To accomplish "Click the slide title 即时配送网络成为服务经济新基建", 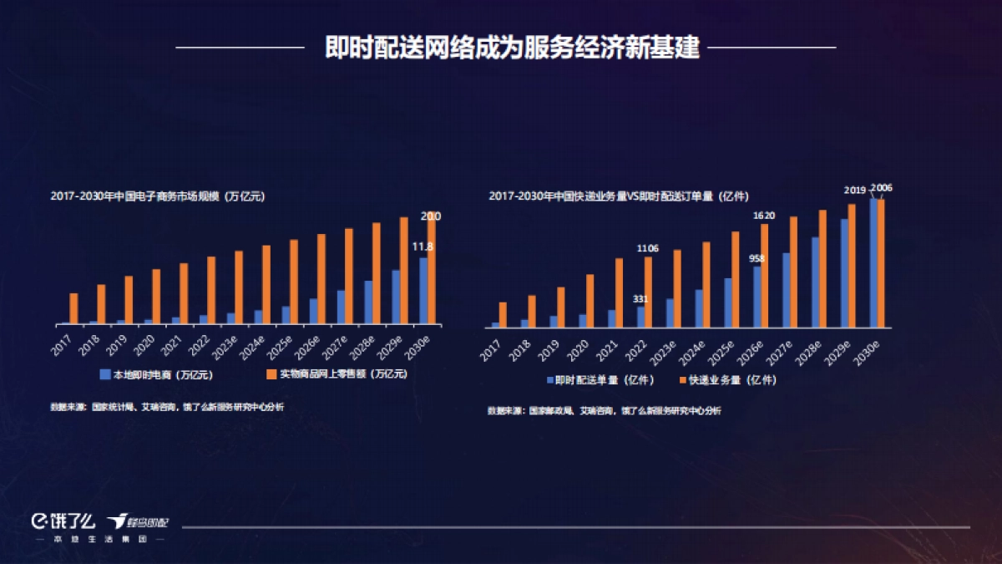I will [x=505, y=48].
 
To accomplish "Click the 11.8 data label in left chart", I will [x=423, y=246].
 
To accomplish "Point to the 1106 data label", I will [x=648, y=248].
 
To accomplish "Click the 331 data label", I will [x=640, y=298].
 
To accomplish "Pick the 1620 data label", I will [x=764, y=216].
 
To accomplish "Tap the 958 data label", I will [x=757, y=258].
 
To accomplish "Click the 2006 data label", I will [x=882, y=188].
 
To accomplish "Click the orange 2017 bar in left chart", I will [x=73, y=308].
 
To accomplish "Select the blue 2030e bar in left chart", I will [x=423, y=290].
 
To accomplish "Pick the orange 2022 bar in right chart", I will [x=649, y=291].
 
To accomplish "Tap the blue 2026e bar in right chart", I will [x=757, y=296].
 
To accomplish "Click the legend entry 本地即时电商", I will [x=139, y=374].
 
